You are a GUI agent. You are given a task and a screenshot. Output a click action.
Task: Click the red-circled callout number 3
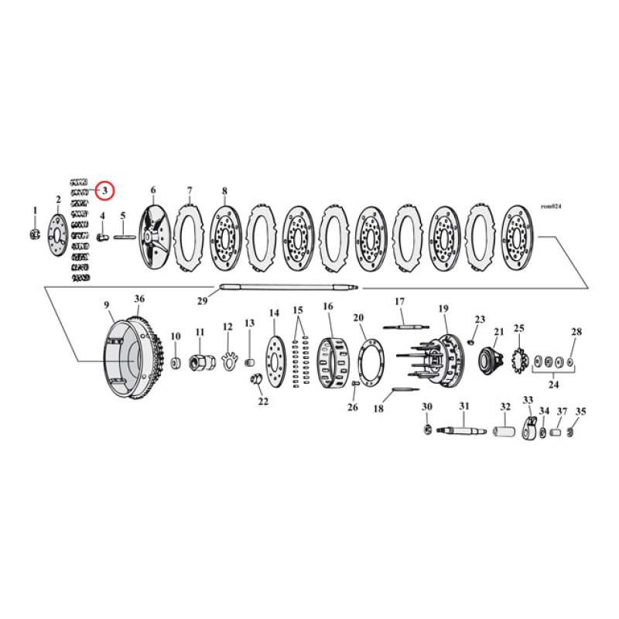[105, 190]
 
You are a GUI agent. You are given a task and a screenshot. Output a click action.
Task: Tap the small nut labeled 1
[34, 234]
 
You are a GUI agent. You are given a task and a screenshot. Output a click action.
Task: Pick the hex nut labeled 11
[200, 361]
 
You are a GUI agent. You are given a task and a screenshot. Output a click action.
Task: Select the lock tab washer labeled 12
[227, 361]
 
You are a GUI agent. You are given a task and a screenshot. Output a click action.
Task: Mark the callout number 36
[139, 299]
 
